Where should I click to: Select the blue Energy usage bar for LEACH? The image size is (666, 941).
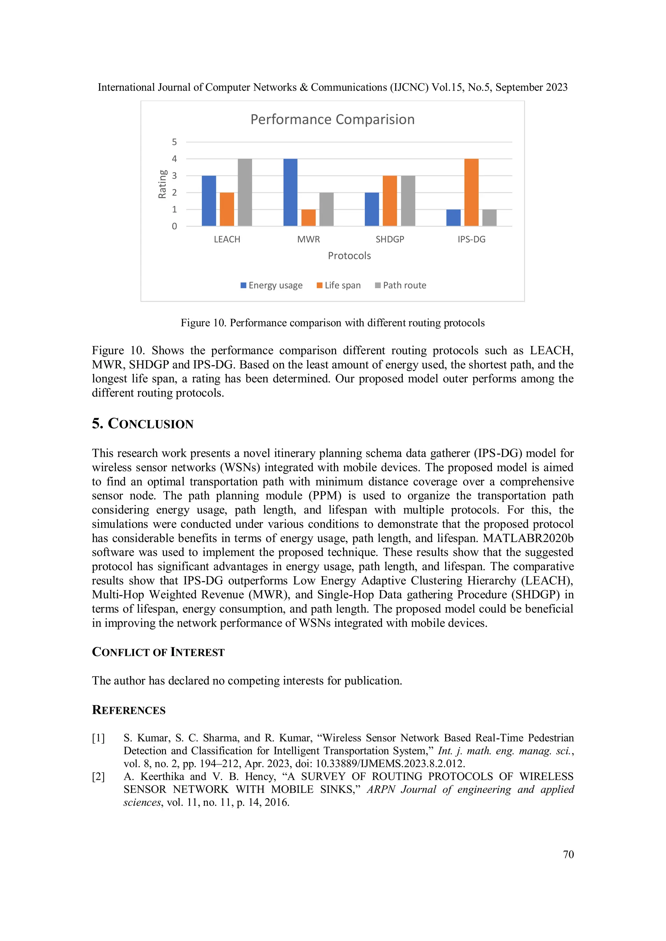[x=209, y=201]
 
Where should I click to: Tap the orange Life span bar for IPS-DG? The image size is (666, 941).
[x=471, y=192]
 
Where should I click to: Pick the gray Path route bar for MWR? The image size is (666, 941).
[x=326, y=209]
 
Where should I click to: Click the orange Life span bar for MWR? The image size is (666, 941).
[x=308, y=218]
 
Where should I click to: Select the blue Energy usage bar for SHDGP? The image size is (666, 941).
[x=372, y=209]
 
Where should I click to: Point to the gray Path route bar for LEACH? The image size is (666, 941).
[x=245, y=192]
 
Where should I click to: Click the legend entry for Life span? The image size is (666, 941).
[x=339, y=285]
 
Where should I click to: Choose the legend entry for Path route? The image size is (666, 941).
[x=401, y=285]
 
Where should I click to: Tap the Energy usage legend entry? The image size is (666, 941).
[x=272, y=285]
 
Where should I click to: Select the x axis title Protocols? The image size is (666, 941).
[x=349, y=256]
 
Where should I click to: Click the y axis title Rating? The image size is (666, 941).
[x=162, y=184]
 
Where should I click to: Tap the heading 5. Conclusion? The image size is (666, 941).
[x=142, y=424]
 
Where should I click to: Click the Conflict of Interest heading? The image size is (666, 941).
[x=158, y=652]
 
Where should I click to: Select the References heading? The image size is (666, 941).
[x=128, y=710]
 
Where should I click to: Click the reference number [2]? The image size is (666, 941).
[x=99, y=777]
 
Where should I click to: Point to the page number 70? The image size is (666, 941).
[x=568, y=855]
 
